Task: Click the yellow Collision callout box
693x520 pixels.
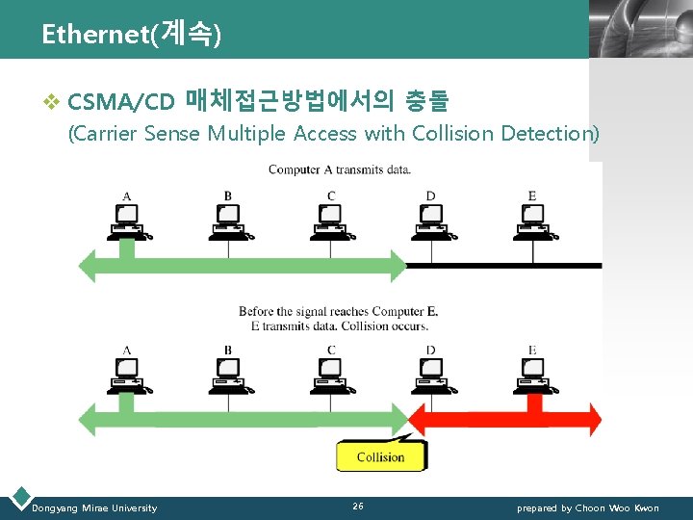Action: pos(380,456)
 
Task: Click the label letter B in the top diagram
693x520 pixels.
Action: pos(228,196)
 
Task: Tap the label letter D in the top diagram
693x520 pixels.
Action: pos(430,196)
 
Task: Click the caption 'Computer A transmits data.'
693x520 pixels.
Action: pos(340,170)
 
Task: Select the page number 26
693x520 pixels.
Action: pos(358,507)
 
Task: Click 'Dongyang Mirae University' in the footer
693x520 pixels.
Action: pos(94,508)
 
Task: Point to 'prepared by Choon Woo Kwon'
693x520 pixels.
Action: pos(588,508)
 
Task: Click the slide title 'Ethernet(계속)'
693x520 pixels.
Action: pos(132,35)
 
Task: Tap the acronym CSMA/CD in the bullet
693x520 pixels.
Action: pos(121,101)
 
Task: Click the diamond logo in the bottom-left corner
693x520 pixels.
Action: pos(18,499)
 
